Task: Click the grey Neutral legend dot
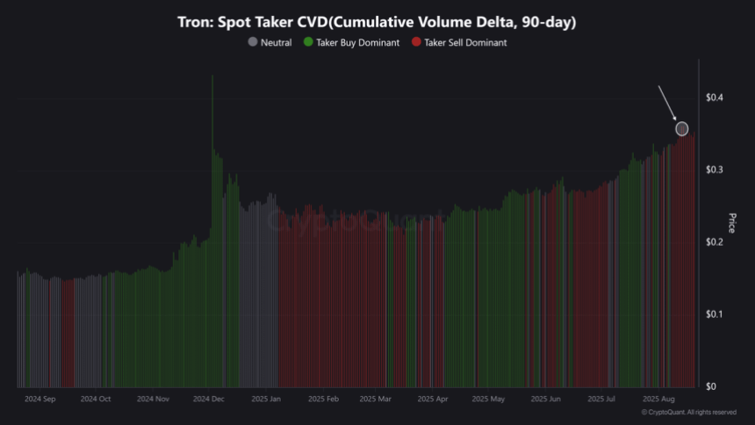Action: pyautogui.click(x=253, y=42)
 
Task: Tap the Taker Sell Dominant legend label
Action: pyautogui.click(x=464, y=42)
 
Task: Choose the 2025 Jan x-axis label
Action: pyautogui.click(x=266, y=399)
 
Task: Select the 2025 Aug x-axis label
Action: pyautogui.click(x=658, y=399)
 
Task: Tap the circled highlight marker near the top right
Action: pyautogui.click(x=682, y=129)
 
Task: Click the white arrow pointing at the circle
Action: pyautogui.click(x=668, y=104)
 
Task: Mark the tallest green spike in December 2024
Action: pyautogui.click(x=212, y=79)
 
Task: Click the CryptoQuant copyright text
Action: pyautogui.click(x=689, y=412)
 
